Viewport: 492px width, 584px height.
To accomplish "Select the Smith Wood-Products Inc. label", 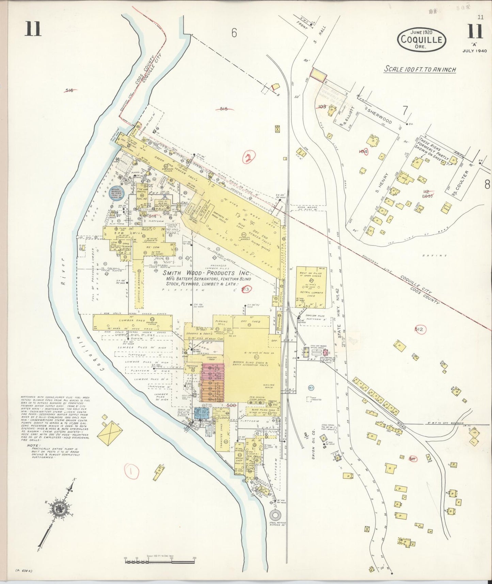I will pos(206,273).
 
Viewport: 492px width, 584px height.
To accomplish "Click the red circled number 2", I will pos(249,157).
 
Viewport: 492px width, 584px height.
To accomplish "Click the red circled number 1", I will pos(131,471).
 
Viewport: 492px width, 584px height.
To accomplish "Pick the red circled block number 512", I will pos(419,329).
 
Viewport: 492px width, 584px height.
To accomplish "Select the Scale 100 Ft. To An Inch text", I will pos(420,69).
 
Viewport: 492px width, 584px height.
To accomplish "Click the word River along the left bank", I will pos(63,270).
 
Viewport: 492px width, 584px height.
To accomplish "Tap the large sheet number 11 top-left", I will pos(33,29).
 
